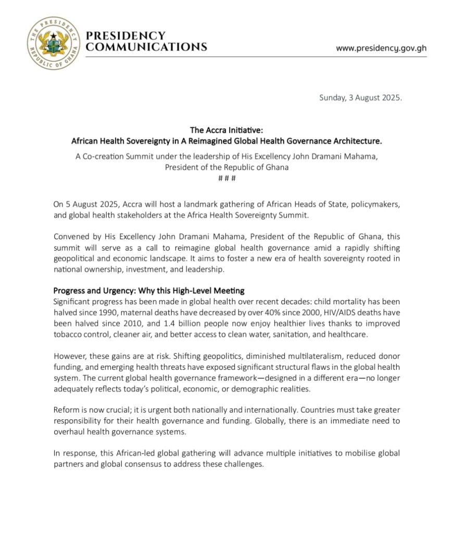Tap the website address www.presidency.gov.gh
[x=381, y=48]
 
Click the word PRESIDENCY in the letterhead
[x=125, y=36]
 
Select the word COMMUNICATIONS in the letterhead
[x=146, y=47]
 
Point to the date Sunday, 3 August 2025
[x=360, y=98]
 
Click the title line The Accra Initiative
[x=227, y=130]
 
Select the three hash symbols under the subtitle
[x=226, y=178]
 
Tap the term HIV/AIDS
[x=334, y=312]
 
